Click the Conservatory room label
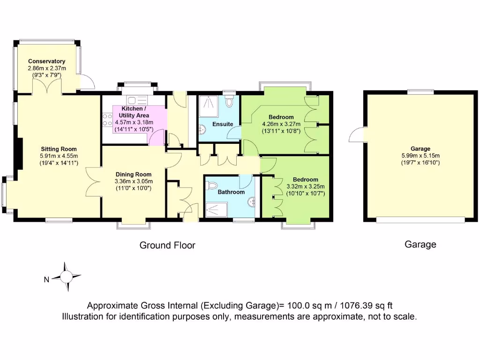pos(46,61)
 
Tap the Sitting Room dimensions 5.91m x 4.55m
pos(59,156)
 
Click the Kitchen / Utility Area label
pos(134,112)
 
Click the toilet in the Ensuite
pos(229,101)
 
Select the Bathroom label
pos(231,192)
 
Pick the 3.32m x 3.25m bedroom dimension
pos(305,186)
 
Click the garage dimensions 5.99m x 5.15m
pos(420,156)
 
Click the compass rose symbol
pos(66,277)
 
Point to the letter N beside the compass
pos(46,280)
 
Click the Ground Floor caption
pos(167,245)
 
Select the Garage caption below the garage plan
pos(420,244)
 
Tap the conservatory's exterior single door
pos(87,83)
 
